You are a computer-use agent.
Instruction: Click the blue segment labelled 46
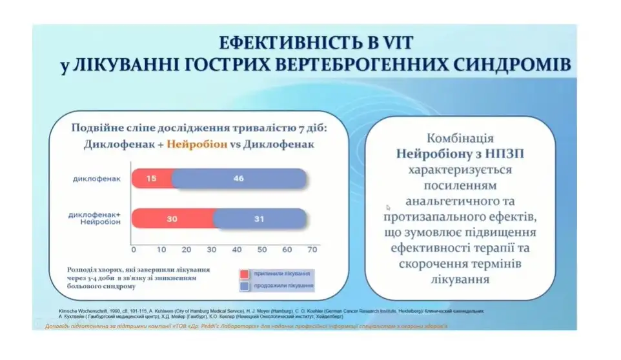pos(239,179)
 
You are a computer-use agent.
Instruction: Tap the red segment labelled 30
pos(172,219)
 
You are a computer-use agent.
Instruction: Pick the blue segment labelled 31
pos(258,219)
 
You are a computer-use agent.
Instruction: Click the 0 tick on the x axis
pos(134,249)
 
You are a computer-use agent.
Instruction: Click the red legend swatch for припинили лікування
pos(245,274)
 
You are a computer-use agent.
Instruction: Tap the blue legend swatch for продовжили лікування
pos(245,285)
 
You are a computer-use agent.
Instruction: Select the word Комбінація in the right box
pos(460,139)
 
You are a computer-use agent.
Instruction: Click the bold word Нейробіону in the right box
pos(430,154)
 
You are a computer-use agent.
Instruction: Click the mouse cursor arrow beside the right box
pos(388,208)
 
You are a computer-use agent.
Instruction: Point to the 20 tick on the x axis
pos(185,249)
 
